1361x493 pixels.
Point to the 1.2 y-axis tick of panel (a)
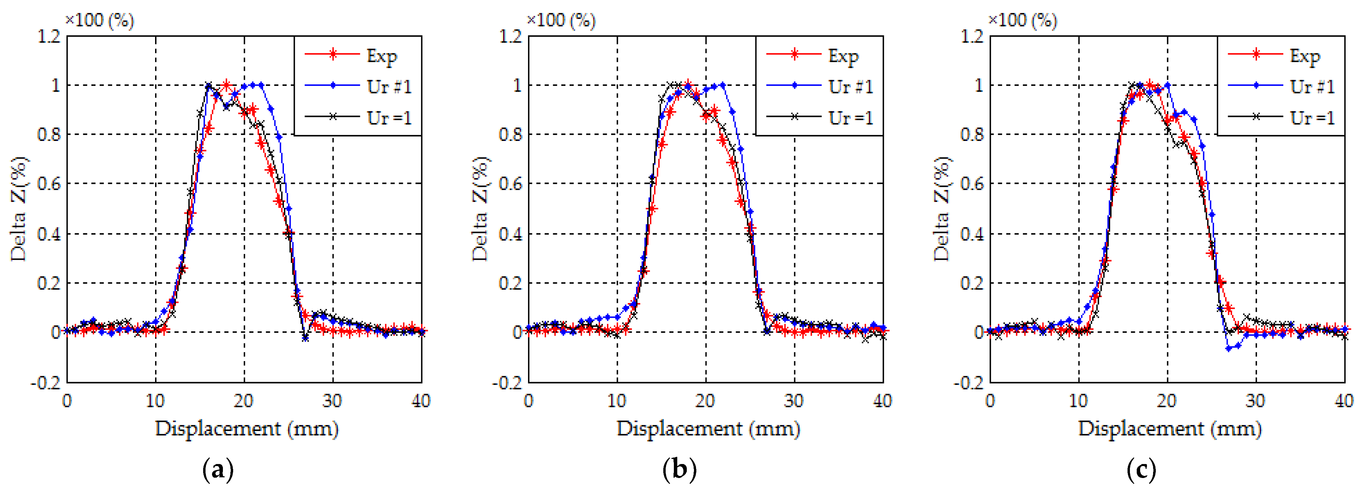(49, 36)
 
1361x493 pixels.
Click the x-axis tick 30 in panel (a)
(332, 401)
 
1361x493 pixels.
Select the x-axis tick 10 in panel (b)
(617, 401)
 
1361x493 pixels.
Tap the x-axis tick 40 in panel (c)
(1344, 401)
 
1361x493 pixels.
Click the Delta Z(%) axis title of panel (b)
(480, 209)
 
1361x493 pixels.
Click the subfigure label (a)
(218, 469)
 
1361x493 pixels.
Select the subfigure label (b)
(679, 469)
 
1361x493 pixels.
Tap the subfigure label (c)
(1141, 469)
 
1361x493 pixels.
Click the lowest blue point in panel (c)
(1229, 348)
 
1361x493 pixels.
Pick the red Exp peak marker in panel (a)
(226, 85)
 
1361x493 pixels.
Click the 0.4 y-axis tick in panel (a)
(49, 234)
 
